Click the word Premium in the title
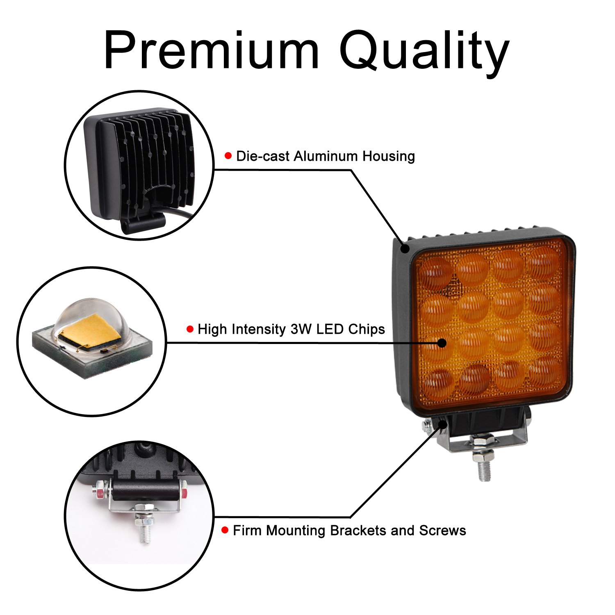(211, 51)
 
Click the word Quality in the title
(424, 51)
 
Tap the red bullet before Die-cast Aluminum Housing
(228, 156)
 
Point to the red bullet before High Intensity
(190, 329)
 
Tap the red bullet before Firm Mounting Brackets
(225, 530)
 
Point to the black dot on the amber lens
(442, 343)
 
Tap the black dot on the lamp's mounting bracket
(443, 424)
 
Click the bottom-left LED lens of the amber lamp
(438, 383)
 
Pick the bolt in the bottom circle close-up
(144, 529)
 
